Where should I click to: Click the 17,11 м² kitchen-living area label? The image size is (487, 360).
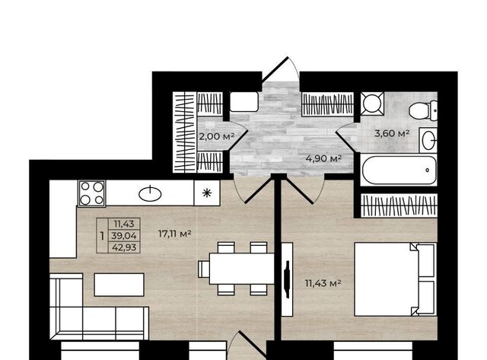click(174, 233)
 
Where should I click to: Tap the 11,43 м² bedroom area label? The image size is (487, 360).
click(323, 283)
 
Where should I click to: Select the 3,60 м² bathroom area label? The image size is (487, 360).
click(392, 133)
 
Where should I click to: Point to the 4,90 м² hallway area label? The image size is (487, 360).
click(323, 158)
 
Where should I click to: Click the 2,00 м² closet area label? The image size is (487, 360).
click(216, 136)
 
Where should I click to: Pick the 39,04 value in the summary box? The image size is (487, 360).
click(124, 236)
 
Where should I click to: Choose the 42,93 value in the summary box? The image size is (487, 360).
click(124, 247)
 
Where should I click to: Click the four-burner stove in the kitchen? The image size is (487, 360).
click(91, 193)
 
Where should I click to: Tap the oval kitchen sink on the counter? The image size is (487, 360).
click(150, 194)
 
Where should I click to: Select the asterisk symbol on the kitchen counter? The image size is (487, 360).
click(207, 193)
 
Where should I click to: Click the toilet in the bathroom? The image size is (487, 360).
click(423, 110)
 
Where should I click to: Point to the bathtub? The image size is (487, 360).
click(399, 170)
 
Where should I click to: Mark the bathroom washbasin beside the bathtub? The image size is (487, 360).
click(428, 140)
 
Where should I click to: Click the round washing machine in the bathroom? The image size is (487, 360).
click(372, 103)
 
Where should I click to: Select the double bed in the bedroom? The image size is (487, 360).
click(396, 279)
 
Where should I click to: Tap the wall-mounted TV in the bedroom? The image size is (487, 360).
click(288, 279)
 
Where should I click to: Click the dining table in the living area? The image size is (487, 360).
click(241, 269)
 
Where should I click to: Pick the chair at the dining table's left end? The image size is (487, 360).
click(204, 269)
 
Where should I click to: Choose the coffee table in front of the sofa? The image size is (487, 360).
click(119, 285)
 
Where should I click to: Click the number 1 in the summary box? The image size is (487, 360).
click(102, 236)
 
